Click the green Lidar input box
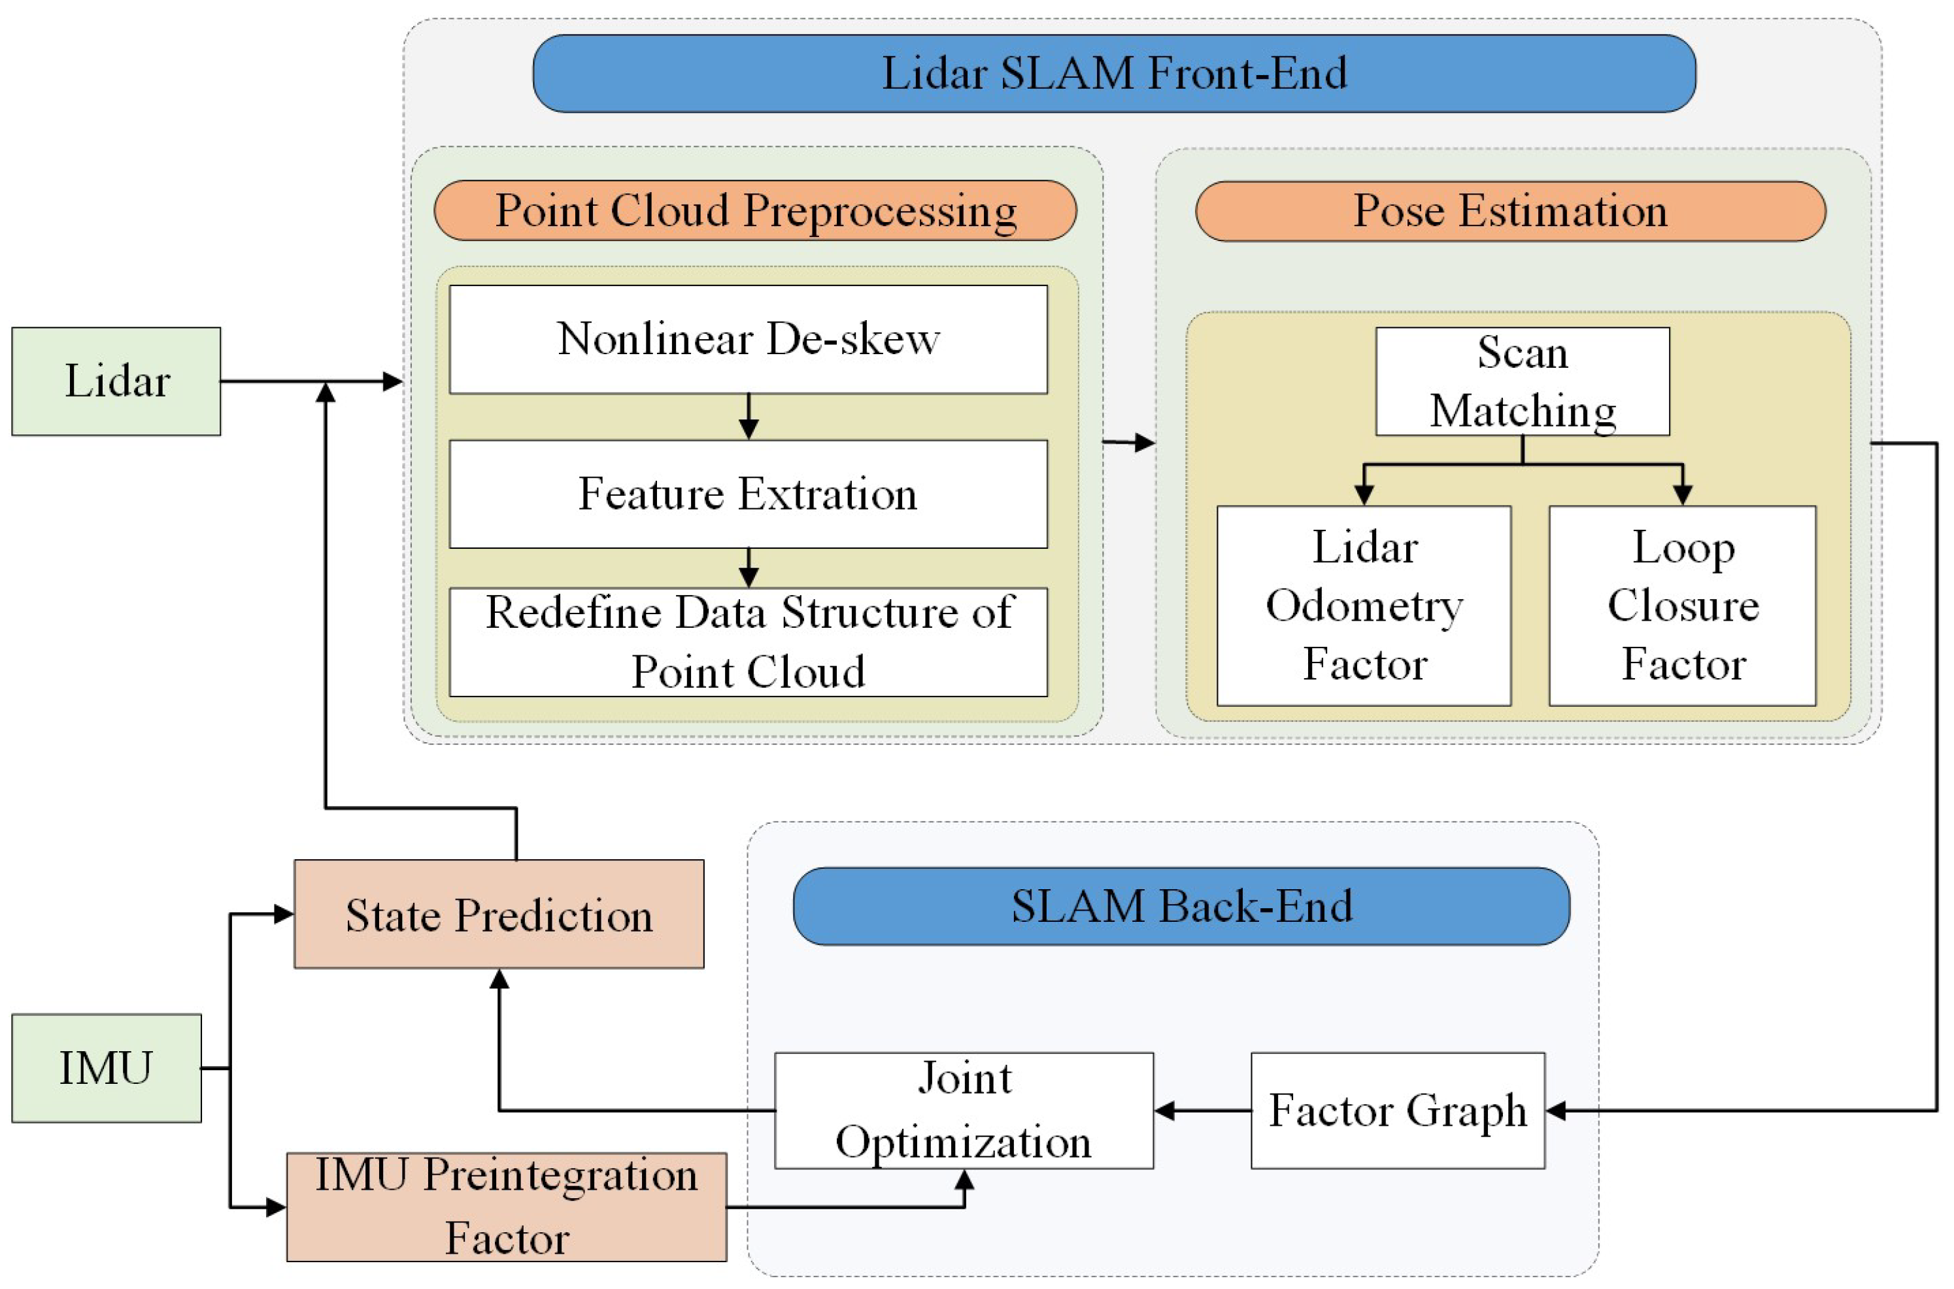[x=116, y=381]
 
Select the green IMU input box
[x=106, y=1068]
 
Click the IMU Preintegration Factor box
[x=506, y=1206]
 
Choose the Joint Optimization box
[x=963, y=1110]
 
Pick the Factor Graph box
[x=1397, y=1110]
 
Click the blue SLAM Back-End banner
[x=1181, y=906]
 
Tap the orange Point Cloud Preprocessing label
[x=755, y=210]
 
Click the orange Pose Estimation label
[x=1510, y=211]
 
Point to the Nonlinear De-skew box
[x=748, y=338]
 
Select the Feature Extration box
[x=748, y=493]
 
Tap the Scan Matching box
[x=1523, y=382]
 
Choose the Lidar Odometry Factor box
[x=1364, y=605]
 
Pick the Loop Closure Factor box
[x=1682, y=605]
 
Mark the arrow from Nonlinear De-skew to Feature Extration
[x=749, y=417]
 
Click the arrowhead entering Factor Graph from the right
[x=1556, y=1111]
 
